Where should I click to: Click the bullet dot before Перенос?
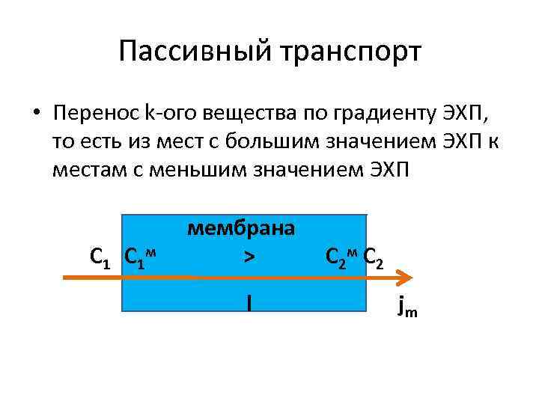point(36,114)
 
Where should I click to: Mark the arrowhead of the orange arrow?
point(405,278)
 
